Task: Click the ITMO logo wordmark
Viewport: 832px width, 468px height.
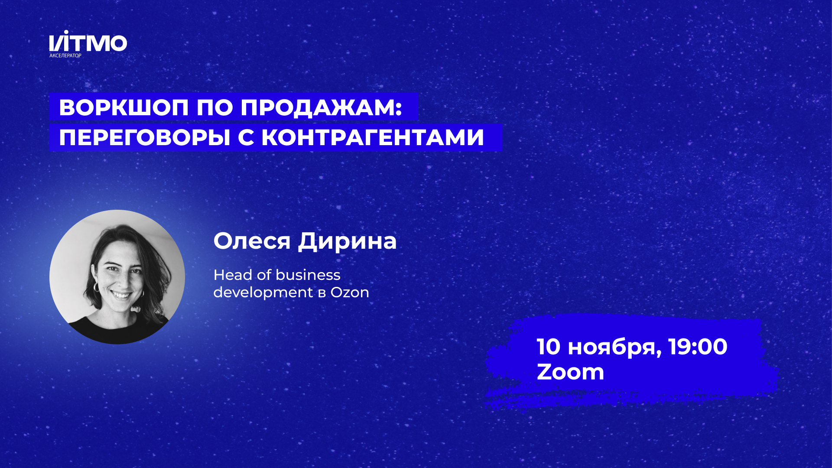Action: pyautogui.click(x=88, y=42)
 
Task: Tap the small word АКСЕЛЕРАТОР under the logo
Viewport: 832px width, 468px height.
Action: pyautogui.click(x=65, y=56)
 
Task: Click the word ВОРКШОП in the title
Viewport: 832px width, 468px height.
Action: pyautogui.click(x=123, y=107)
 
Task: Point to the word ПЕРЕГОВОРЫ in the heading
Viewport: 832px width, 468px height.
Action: pyautogui.click(x=144, y=138)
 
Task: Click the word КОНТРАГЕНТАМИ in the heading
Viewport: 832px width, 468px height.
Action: pyautogui.click(x=373, y=138)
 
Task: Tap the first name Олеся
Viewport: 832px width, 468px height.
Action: pyautogui.click(x=251, y=241)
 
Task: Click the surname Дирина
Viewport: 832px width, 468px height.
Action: pyautogui.click(x=347, y=241)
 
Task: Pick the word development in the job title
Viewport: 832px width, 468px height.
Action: pyautogui.click(x=263, y=292)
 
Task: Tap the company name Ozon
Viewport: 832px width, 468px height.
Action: pyautogui.click(x=350, y=292)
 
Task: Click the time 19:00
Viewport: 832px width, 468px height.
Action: pyautogui.click(x=698, y=347)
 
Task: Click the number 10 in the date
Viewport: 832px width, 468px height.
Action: pyautogui.click(x=549, y=347)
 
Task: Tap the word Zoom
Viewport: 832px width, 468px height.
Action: pyautogui.click(x=570, y=372)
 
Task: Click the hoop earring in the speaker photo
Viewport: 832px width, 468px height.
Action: pyautogui.click(x=96, y=287)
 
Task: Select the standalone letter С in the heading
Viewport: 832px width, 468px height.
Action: pyautogui.click(x=246, y=138)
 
